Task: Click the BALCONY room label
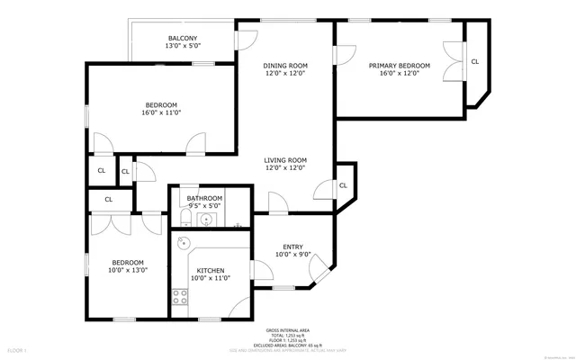pyautogui.click(x=182, y=38)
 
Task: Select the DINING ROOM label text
pyautogui.click(x=285, y=66)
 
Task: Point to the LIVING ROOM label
pyautogui.click(x=285, y=160)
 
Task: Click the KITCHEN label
pyautogui.click(x=210, y=271)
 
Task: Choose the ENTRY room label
pyautogui.click(x=292, y=247)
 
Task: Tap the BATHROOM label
pyautogui.click(x=204, y=198)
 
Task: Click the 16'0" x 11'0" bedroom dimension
pyautogui.click(x=162, y=112)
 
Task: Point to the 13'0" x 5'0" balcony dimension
pyautogui.click(x=182, y=46)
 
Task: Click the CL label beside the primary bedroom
pyautogui.click(x=474, y=61)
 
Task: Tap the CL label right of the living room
pyautogui.click(x=344, y=185)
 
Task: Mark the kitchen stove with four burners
pyautogui.click(x=180, y=298)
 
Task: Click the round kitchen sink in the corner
pyautogui.click(x=183, y=242)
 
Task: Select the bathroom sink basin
pyautogui.click(x=206, y=219)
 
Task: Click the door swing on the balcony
pyautogui.click(x=242, y=40)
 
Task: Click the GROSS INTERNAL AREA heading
pyautogui.click(x=287, y=330)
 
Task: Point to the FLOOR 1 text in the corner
pyautogui.click(x=18, y=348)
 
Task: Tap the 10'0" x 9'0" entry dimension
pyautogui.click(x=292, y=255)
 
